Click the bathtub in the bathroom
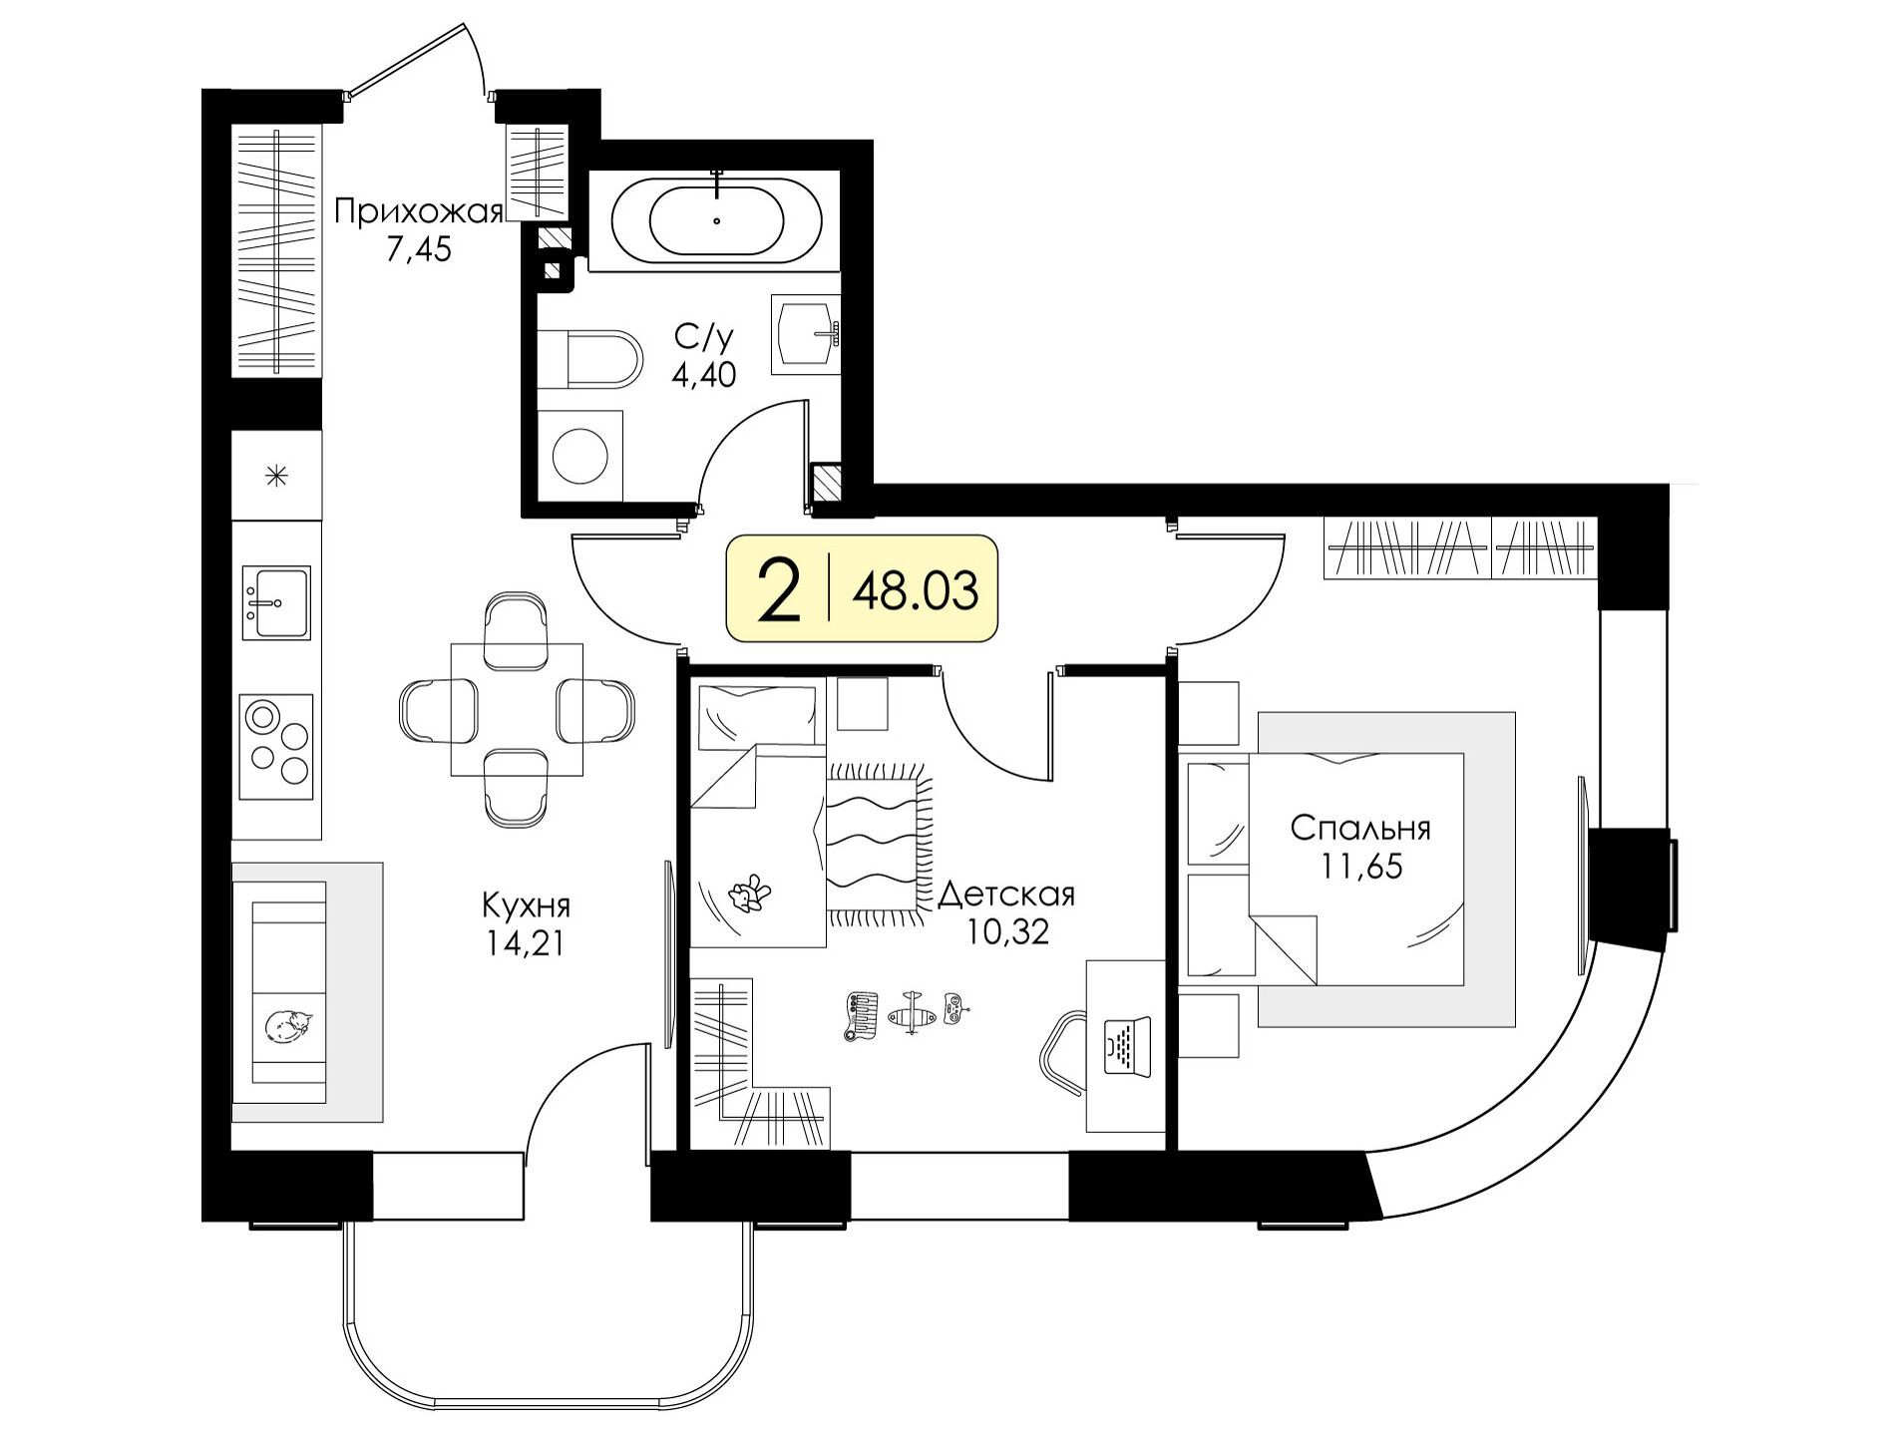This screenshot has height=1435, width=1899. point(716,220)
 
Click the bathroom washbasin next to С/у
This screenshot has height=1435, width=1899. point(805,333)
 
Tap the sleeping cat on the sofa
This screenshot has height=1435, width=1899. point(289,1025)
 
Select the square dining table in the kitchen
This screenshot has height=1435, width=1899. point(517,709)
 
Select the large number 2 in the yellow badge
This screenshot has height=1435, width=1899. point(779,589)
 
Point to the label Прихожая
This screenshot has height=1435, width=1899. point(418,212)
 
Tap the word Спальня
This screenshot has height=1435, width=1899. point(1360,829)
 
